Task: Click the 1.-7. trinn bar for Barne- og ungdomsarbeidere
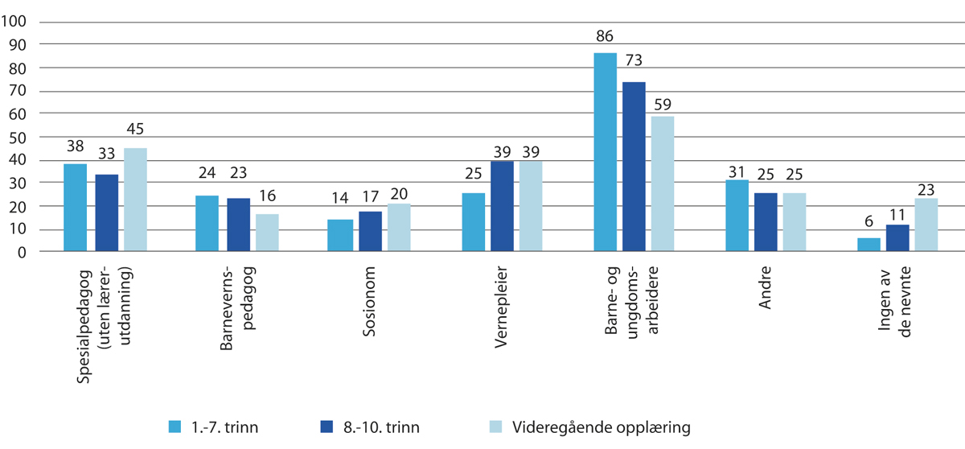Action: (x=605, y=153)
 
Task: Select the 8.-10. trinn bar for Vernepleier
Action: (x=503, y=207)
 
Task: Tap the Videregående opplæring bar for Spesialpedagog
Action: (x=135, y=200)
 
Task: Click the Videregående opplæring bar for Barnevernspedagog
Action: (x=267, y=233)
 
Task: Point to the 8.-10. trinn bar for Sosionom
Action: (x=370, y=232)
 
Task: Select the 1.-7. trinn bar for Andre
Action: (x=737, y=216)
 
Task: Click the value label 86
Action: (x=605, y=36)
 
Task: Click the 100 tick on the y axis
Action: (x=16, y=21)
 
